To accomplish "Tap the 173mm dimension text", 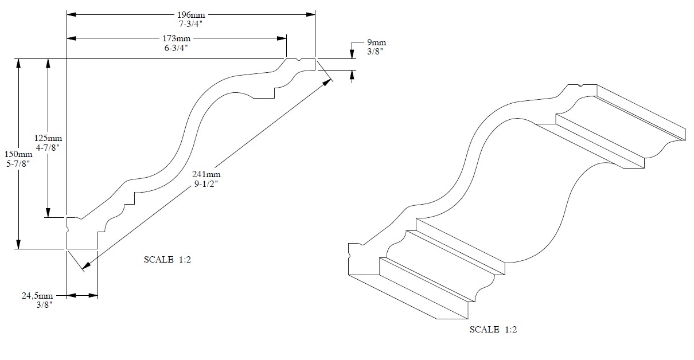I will pos(177,38).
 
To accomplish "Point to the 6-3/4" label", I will pos(177,48).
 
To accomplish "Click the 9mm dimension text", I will pos(376,42).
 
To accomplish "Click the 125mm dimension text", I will pos(48,138).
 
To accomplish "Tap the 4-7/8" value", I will pos(48,147).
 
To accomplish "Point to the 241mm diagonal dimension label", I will pos(207,175).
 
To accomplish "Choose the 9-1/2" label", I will pos(207,184).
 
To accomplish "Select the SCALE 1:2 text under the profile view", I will pos(167,260).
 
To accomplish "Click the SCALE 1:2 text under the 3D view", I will pos(493,330).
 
